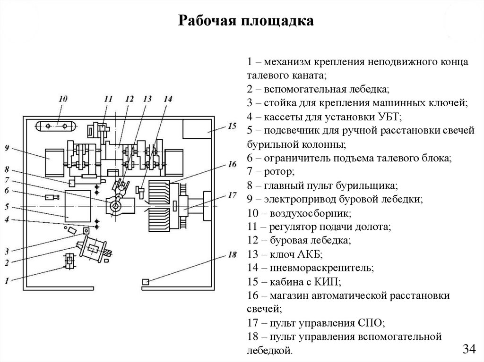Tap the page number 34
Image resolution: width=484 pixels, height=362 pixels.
coord(469,349)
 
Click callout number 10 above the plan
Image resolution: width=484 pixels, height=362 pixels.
coord(63,99)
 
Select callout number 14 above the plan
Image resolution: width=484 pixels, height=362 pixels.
coord(168,99)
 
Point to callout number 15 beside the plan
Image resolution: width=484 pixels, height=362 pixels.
coord(232,126)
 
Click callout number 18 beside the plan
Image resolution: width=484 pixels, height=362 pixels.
coord(232,255)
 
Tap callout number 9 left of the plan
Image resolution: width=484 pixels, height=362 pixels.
coord(7,148)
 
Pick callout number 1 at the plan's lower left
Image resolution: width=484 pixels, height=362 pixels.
coord(7,281)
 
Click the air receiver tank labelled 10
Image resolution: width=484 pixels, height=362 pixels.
coord(57,126)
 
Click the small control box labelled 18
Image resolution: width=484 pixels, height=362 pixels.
coord(146,282)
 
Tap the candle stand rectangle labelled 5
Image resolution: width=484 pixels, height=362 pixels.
coord(78,206)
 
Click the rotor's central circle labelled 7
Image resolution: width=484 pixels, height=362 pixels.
coord(116,206)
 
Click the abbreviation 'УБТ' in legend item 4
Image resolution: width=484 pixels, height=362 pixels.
coord(389,117)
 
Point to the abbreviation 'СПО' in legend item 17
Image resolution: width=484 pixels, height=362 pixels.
coord(370,323)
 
